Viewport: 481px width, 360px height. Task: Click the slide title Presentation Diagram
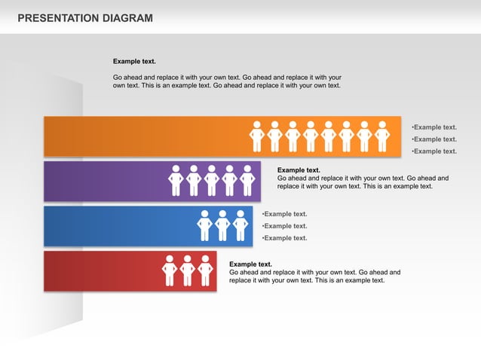(84, 18)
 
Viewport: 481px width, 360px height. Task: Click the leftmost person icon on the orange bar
(256, 136)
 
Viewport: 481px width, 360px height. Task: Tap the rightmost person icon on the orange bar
(382, 136)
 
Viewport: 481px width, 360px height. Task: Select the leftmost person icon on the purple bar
(176, 180)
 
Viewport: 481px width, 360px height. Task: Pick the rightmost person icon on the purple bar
(247, 180)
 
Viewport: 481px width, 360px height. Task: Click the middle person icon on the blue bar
(222, 225)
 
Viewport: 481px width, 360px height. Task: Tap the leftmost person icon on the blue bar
(204, 225)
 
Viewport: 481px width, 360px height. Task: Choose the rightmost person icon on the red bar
(205, 270)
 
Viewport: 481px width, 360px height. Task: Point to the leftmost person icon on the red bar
(170, 270)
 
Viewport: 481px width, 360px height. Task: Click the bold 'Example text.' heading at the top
(134, 61)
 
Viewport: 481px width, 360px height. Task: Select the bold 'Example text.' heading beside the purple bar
(299, 170)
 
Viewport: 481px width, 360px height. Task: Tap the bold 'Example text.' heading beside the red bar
(250, 264)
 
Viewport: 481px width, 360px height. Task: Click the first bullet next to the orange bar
(434, 127)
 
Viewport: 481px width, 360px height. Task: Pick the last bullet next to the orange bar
(434, 151)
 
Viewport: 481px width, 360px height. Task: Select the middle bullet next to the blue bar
(284, 226)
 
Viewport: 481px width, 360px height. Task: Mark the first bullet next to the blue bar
(284, 214)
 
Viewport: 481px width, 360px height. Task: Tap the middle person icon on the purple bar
(212, 180)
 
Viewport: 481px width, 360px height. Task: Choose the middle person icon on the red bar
(188, 270)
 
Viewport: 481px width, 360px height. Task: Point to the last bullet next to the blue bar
(284, 238)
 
